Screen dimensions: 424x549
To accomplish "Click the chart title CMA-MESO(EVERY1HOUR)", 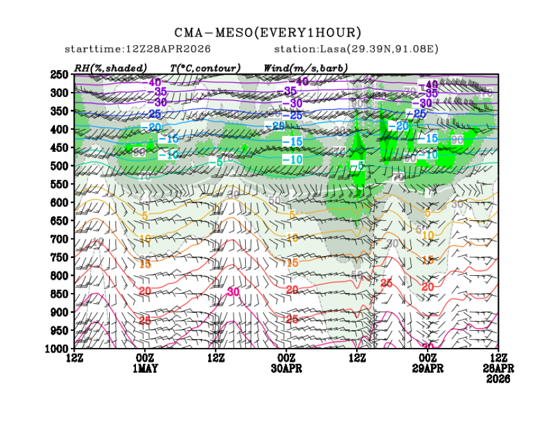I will click(268, 33).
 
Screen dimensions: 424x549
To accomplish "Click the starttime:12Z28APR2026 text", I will click(138, 49).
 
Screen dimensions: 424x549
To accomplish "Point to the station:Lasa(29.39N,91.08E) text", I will click(356, 49).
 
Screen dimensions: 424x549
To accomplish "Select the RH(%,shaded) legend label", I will click(110, 68).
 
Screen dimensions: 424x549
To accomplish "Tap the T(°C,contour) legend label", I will click(205, 68).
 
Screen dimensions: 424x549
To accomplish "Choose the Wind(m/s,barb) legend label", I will click(305, 68).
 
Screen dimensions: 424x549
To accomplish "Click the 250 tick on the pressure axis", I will click(59, 75).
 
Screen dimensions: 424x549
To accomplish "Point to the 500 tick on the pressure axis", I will click(59, 166).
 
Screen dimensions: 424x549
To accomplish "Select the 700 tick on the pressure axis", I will click(59, 239).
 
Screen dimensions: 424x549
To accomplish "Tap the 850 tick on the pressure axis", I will click(59, 294).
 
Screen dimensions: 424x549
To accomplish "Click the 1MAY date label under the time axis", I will click(145, 368).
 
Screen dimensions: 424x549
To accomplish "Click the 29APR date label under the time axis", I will click(426, 368).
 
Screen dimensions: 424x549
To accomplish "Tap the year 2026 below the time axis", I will click(497, 379).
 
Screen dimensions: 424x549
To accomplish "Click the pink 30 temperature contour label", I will click(233, 292).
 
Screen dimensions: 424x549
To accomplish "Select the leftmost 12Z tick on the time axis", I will click(75, 358).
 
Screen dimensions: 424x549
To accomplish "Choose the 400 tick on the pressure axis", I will click(59, 130).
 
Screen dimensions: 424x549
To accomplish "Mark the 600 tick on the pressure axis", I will click(59, 202).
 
